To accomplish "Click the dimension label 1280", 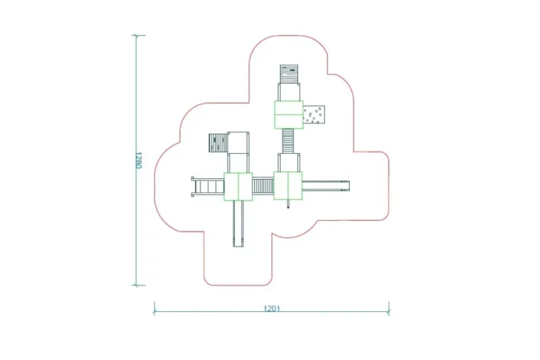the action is pyautogui.click(x=138, y=160).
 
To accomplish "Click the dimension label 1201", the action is pyautogui.click(x=272, y=308).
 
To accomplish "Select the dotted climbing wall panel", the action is pyautogui.click(x=314, y=115).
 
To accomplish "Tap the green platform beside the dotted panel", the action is pyautogui.click(x=288, y=115).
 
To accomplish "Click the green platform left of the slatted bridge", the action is pyautogui.click(x=238, y=186).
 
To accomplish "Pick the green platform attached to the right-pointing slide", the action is pyautogui.click(x=288, y=186).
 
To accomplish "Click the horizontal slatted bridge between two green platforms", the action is pyautogui.click(x=263, y=186).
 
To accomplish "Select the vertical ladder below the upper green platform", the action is pyautogui.click(x=288, y=141).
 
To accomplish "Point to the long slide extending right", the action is pyautogui.click(x=326, y=186).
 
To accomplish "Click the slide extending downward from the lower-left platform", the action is pyautogui.click(x=238, y=224).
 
